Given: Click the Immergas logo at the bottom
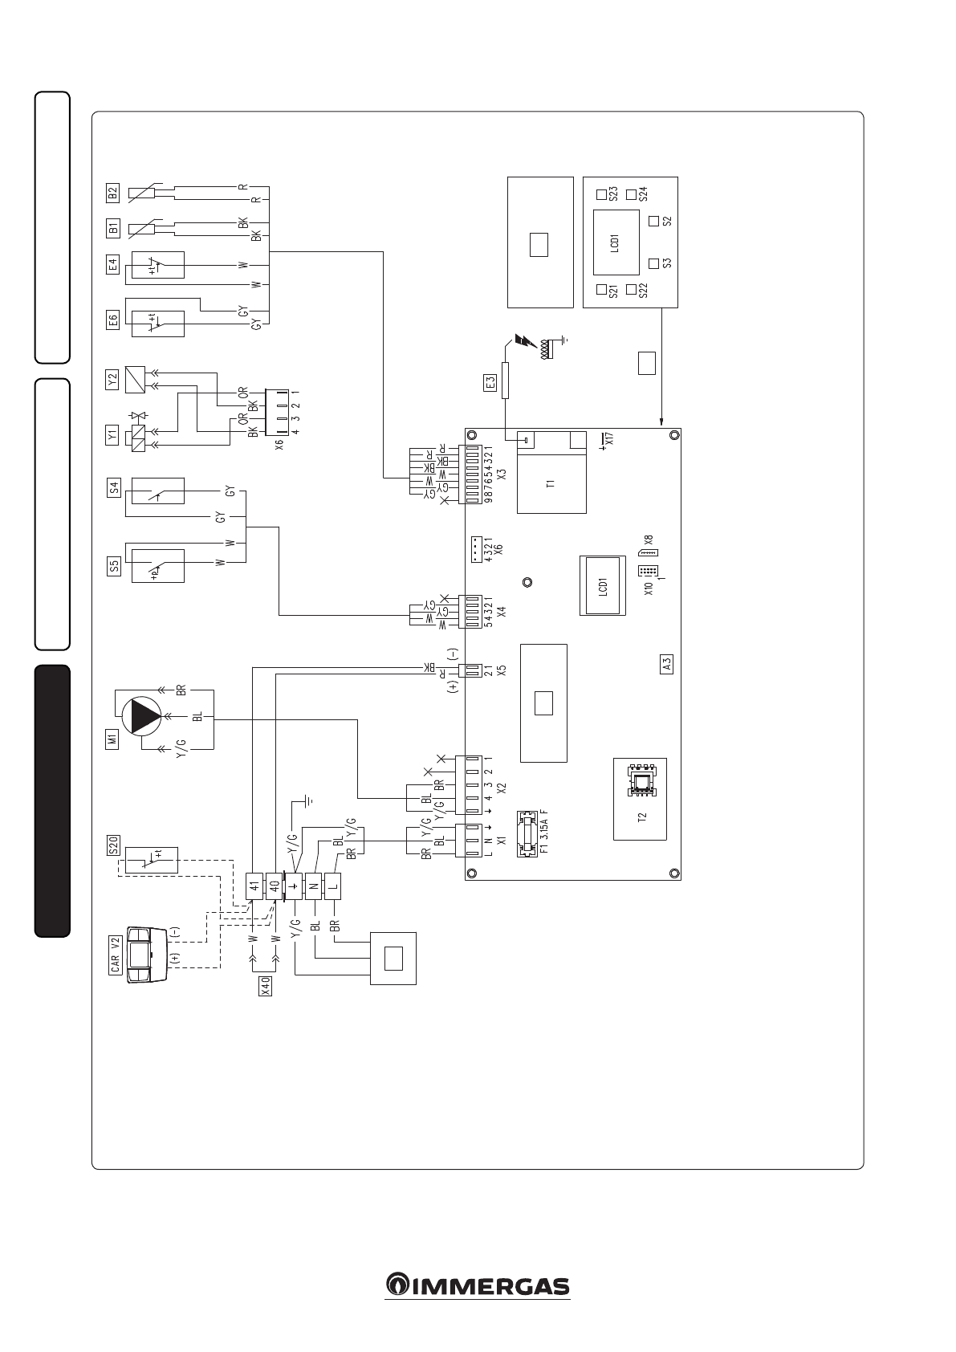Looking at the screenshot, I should (x=478, y=1285).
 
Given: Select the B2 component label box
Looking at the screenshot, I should (x=113, y=193).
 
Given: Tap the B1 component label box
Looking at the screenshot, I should (x=113, y=229).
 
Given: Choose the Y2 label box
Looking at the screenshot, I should (x=113, y=377).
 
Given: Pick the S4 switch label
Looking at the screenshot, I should (x=113, y=487).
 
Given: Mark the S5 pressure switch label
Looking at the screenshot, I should (x=113, y=568).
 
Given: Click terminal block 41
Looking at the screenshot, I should (x=254, y=886).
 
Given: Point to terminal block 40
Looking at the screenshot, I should (x=274, y=886).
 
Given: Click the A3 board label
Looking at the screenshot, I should (x=666, y=664).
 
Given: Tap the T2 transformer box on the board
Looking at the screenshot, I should (x=640, y=798).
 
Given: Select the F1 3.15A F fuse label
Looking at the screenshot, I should (x=544, y=835).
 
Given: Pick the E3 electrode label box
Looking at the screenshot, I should (x=491, y=384).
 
